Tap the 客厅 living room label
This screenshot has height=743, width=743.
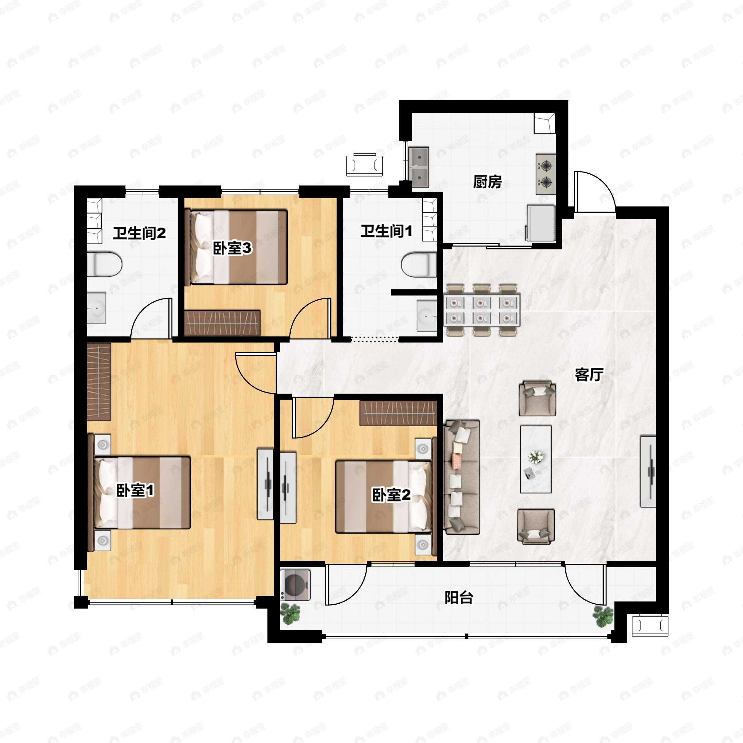click(589, 375)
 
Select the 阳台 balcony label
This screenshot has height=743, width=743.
click(459, 598)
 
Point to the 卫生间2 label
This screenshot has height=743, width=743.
click(139, 233)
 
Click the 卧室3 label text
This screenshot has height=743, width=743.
click(232, 248)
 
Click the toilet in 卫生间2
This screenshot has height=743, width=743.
click(105, 264)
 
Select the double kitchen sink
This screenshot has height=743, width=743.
click(419, 167)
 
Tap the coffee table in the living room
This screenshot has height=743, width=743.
click(536, 459)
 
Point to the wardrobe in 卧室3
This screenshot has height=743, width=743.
click(222, 323)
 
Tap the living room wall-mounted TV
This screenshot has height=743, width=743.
click(648, 471)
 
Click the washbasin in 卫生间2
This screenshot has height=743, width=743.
click(96, 308)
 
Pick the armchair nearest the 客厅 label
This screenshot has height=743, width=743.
click(537, 398)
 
